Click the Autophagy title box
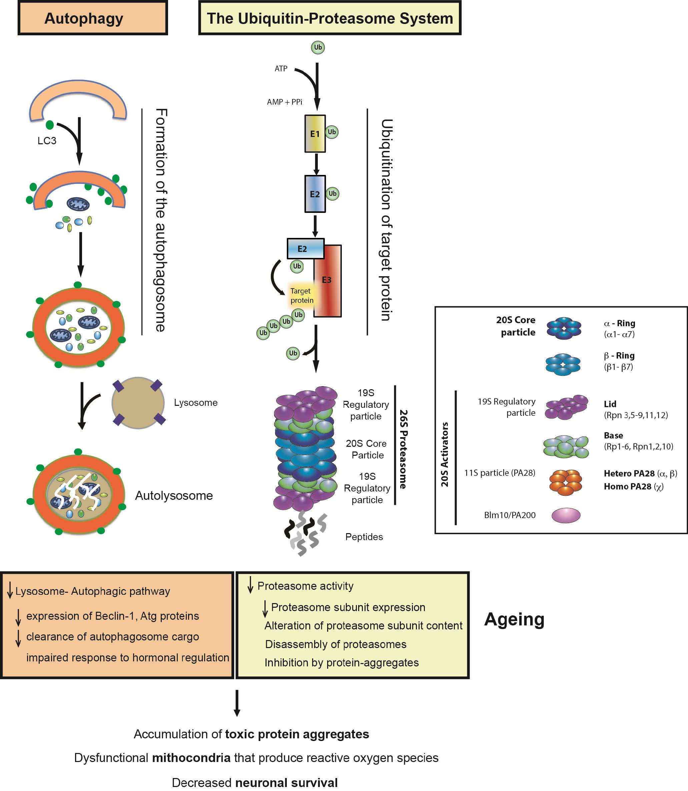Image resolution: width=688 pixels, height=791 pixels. coord(92,18)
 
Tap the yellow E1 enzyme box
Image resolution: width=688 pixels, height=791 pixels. coord(315,134)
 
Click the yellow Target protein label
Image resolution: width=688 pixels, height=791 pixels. coord(301,296)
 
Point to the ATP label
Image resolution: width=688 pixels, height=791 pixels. coord(281,69)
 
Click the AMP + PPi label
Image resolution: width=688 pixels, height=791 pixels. coord(284,102)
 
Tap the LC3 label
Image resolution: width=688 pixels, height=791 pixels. coord(47,141)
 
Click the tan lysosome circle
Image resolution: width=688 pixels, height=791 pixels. coord(138,403)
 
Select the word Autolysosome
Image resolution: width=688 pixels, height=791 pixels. coord(173,495)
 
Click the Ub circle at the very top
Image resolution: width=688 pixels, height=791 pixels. coord(317,48)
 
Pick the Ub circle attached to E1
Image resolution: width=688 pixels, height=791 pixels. coord(332,132)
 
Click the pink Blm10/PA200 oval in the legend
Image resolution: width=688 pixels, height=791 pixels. coord(566,515)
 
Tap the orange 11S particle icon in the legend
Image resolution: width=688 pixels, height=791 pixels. coord(565,482)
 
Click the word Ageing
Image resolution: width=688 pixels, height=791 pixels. coord(514,619)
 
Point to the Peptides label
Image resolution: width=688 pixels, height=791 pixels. coord(364,537)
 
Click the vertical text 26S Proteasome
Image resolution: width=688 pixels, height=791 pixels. coord(403,449)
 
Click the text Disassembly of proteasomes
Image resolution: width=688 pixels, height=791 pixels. coord(335,644)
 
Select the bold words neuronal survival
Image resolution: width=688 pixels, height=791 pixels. coord(286,783)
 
